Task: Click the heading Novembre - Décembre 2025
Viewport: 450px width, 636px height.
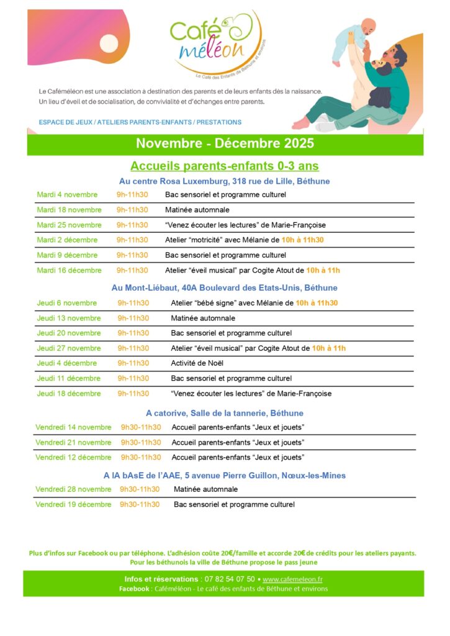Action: (225, 143)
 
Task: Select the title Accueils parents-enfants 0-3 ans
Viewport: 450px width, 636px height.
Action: (225, 166)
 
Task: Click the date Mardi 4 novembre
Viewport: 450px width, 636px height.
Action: (67, 194)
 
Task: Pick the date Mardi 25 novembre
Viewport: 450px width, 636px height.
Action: (69, 225)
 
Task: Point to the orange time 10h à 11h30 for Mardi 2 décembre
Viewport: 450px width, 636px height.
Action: (303, 240)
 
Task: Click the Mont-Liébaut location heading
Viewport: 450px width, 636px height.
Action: (225, 288)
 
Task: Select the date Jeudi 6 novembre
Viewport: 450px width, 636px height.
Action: (67, 303)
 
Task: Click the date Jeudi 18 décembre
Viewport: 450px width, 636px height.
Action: (69, 394)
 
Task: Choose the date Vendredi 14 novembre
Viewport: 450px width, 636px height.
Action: (73, 427)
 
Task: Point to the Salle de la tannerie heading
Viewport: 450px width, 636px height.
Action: (225, 413)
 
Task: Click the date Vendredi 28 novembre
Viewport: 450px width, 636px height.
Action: (73, 489)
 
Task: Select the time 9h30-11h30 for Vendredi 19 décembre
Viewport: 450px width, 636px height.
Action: (140, 504)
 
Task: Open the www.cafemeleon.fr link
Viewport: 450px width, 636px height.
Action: (292, 579)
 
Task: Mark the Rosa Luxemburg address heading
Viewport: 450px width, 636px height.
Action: (225, 181)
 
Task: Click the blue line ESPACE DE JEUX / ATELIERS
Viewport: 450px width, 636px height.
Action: (140, 122)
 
